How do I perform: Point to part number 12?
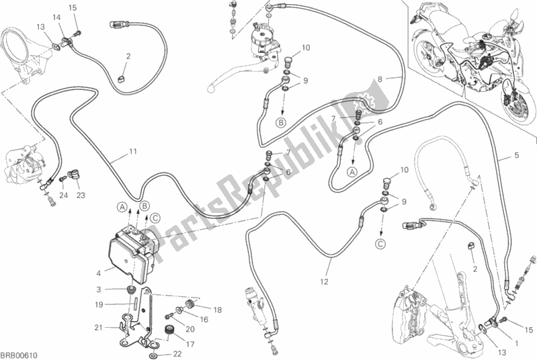(324, 281)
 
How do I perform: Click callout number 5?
(516, 156)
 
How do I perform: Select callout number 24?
(63, 195)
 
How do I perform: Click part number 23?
(81, 195)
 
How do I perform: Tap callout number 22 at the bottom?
(177, 354)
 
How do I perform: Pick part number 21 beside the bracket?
(98, 327)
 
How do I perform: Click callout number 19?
(98, 304)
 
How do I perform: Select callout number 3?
(98, 289)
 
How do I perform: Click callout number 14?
(56, 17)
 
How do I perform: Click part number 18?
(218, 310)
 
